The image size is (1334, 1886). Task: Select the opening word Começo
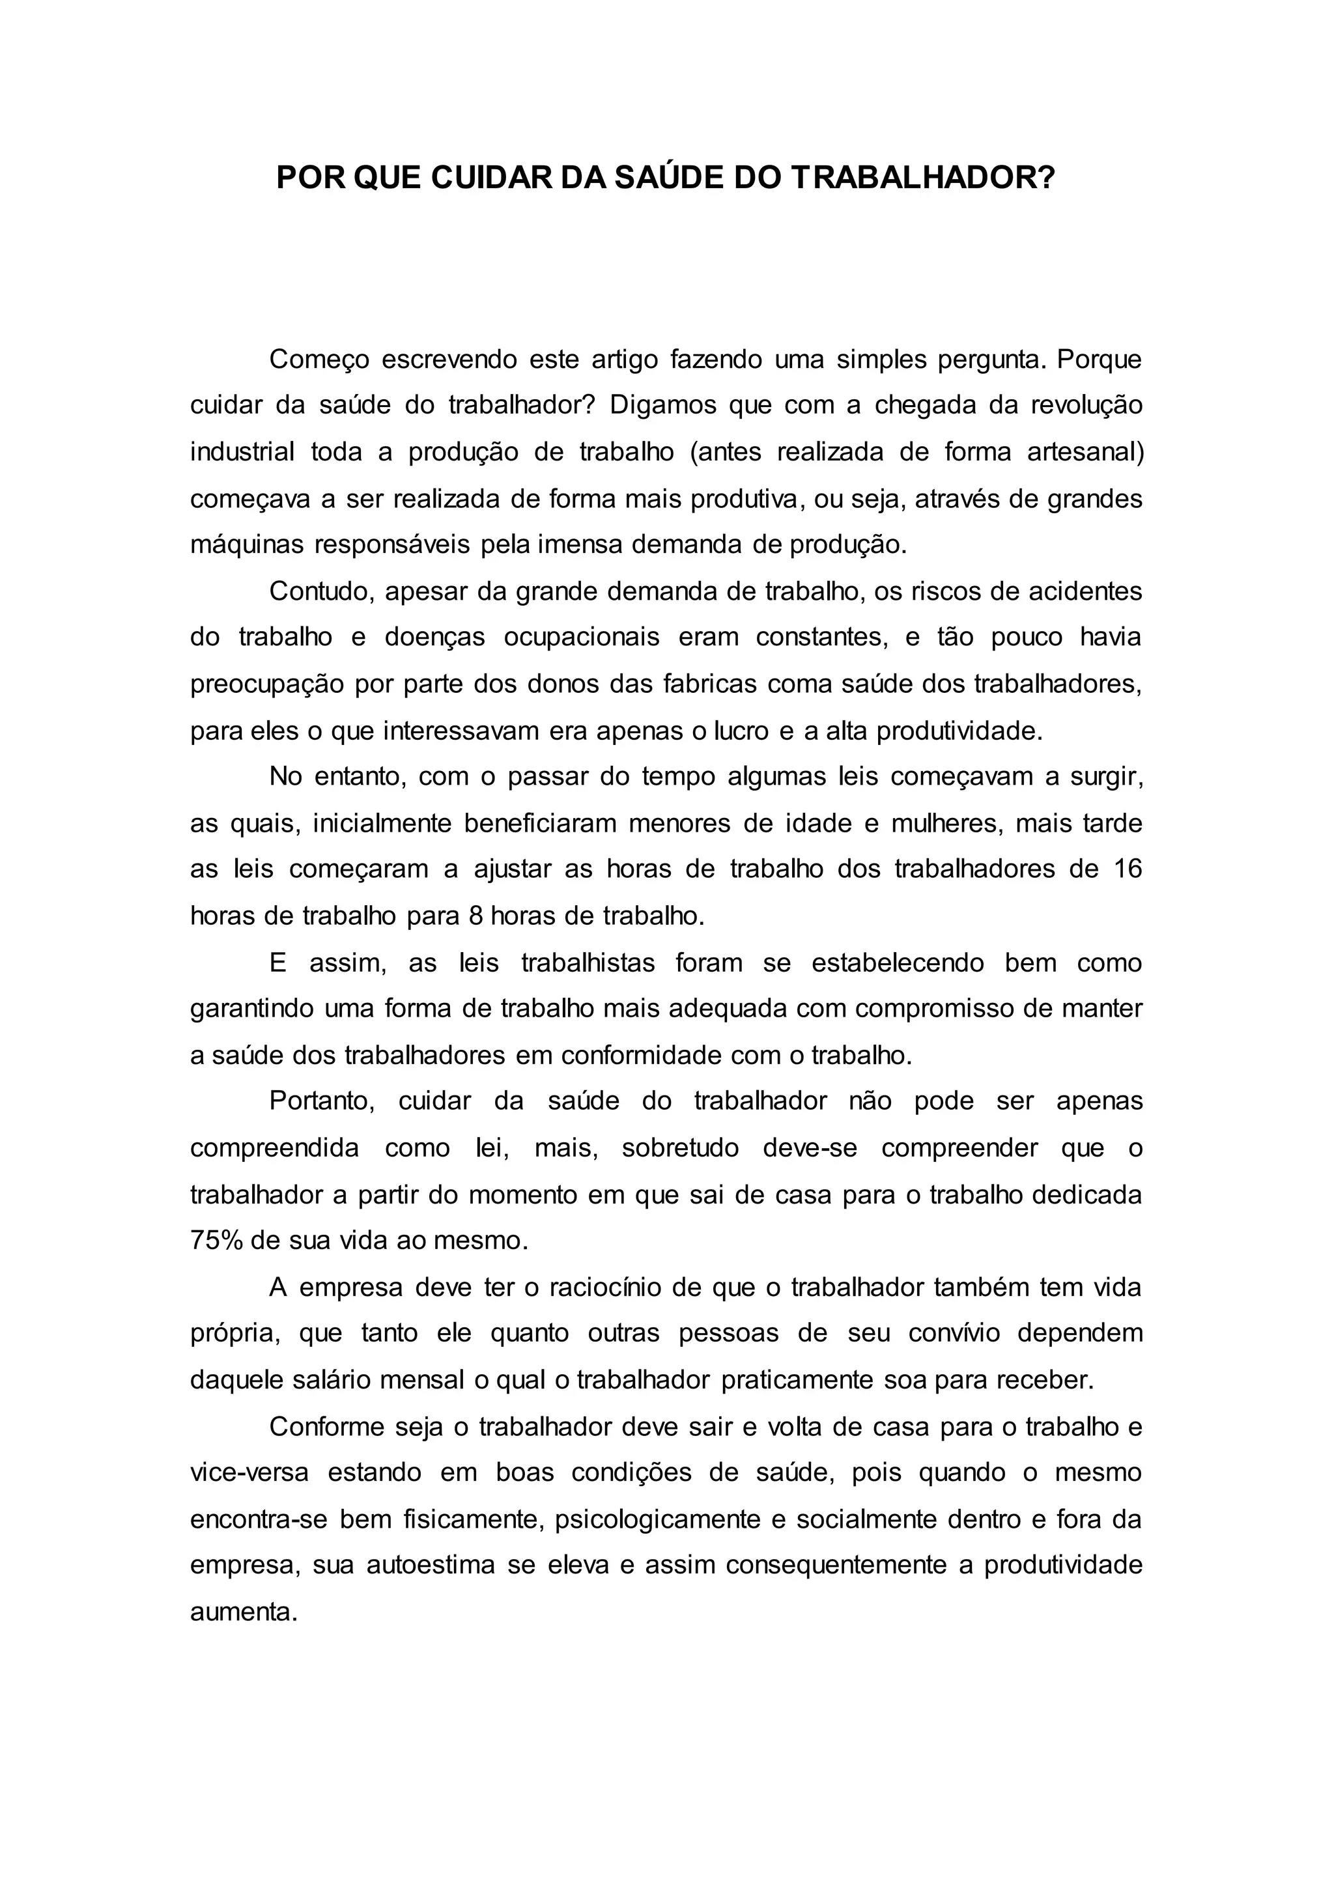[x=319, y=359]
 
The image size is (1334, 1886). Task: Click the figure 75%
[x=216, y=1241]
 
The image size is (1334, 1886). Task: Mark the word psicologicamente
[x=658, y=1519]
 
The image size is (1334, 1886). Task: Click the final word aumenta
[x=243, y=1612]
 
